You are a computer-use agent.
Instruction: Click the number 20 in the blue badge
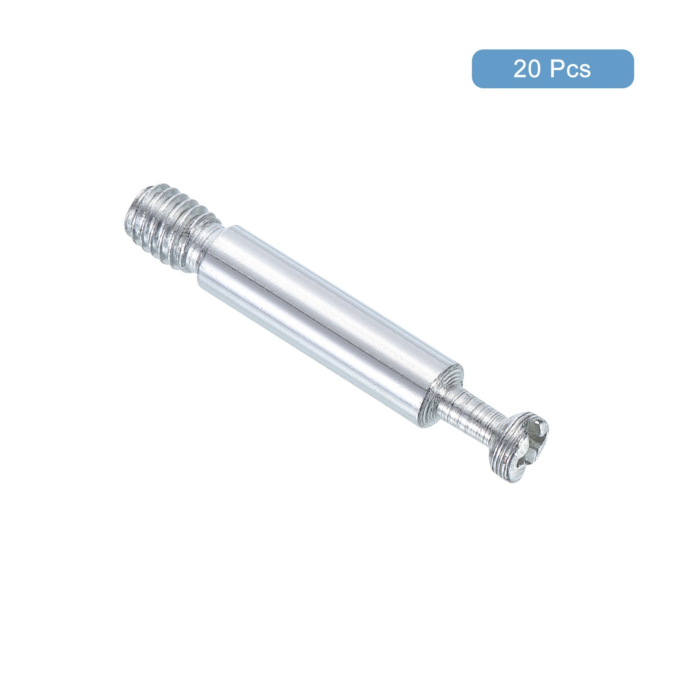526,69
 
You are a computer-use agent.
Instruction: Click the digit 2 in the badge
520,69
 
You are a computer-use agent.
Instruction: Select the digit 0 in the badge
533,69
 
